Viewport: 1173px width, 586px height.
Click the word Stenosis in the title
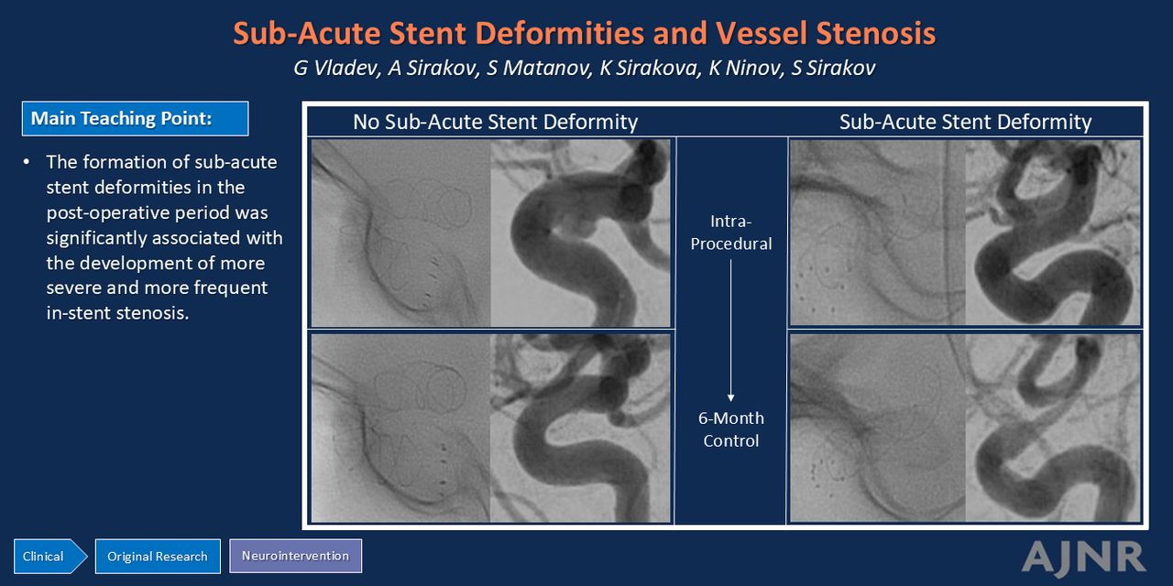pyautogui.click(x=875, y=33)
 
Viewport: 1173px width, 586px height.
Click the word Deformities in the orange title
pyautogui.click(x=559, y=33)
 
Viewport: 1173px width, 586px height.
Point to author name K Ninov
pyautogui.click(x=746, y=68)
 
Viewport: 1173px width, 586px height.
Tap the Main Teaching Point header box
pyautogui.click(x=135, y=119)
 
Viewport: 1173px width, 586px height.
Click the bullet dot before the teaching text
pyautogui.click(x=27, y=162)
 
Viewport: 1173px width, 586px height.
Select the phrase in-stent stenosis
pyautogui.click(x=117, y=313)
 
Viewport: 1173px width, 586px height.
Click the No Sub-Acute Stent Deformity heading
pyautogui.click(x=495, y=122)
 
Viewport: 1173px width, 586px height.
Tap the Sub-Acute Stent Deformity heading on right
pyautogui.click(x=965, y=122)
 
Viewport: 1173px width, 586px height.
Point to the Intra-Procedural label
pyautogui.click(x=731, y=233)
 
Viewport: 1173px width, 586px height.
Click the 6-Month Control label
pyautogui.click(x=731, y=429)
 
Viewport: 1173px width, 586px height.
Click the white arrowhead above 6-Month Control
pyautogui.click(x=731, y=397)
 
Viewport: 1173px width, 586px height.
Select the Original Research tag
pyautogui.click(x=158, y=556)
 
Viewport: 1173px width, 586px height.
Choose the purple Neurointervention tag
pyautogui.click(x=295, y=556)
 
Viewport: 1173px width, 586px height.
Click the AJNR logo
pyautogui.click(x=1083, y=559)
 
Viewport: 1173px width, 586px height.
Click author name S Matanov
pyautogui.click(x=540, y=68)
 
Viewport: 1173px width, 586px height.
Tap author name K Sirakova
pyautogui.click(x=651, y=68)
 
